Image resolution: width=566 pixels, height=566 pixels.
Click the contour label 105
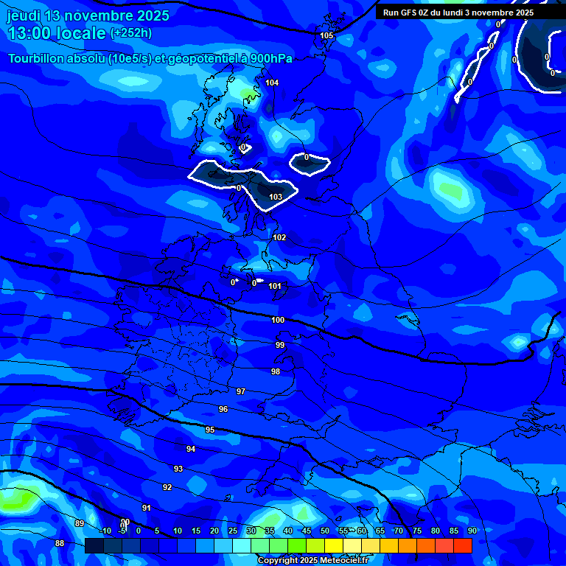(326, 35)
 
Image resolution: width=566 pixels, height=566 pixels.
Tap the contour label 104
(272, 83)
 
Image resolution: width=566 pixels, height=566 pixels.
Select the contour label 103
(276, 197)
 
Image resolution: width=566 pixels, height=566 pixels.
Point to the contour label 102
(279, 237)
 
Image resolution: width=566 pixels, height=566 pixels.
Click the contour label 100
(278, 320)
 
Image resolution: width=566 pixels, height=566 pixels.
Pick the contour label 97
(241, 391)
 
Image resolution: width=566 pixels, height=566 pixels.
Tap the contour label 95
(210, 430)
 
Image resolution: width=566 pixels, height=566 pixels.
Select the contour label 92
(167, 487)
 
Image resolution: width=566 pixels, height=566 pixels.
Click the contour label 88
(60, 543)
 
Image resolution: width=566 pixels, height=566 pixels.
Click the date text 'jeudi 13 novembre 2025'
(88, 15)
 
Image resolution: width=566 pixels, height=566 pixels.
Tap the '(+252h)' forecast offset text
(131, 33)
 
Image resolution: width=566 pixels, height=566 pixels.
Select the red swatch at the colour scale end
(463, 545)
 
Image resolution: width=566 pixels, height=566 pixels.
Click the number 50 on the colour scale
(325, 531)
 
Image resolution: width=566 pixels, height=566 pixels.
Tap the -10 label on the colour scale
(105, 531)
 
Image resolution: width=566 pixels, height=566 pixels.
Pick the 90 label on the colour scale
(472, 531)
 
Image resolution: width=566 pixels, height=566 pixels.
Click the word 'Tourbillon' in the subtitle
(37, 58)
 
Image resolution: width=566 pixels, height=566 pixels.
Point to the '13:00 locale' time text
(57, 33)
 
